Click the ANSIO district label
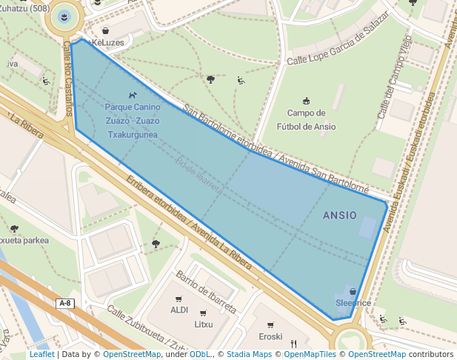[339, 216]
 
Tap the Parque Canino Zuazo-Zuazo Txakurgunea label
[133, 121]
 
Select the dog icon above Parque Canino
[133, 95]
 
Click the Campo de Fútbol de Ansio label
[306, 119]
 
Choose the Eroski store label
[270, 336]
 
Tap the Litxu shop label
[204, 324]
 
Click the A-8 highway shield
[66, 304]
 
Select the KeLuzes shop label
[107, 43]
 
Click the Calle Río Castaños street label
[68, 78]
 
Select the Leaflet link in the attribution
[41, 355]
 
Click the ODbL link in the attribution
[201, 355]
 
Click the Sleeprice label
[353, 303]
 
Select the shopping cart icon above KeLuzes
[106, 31]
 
